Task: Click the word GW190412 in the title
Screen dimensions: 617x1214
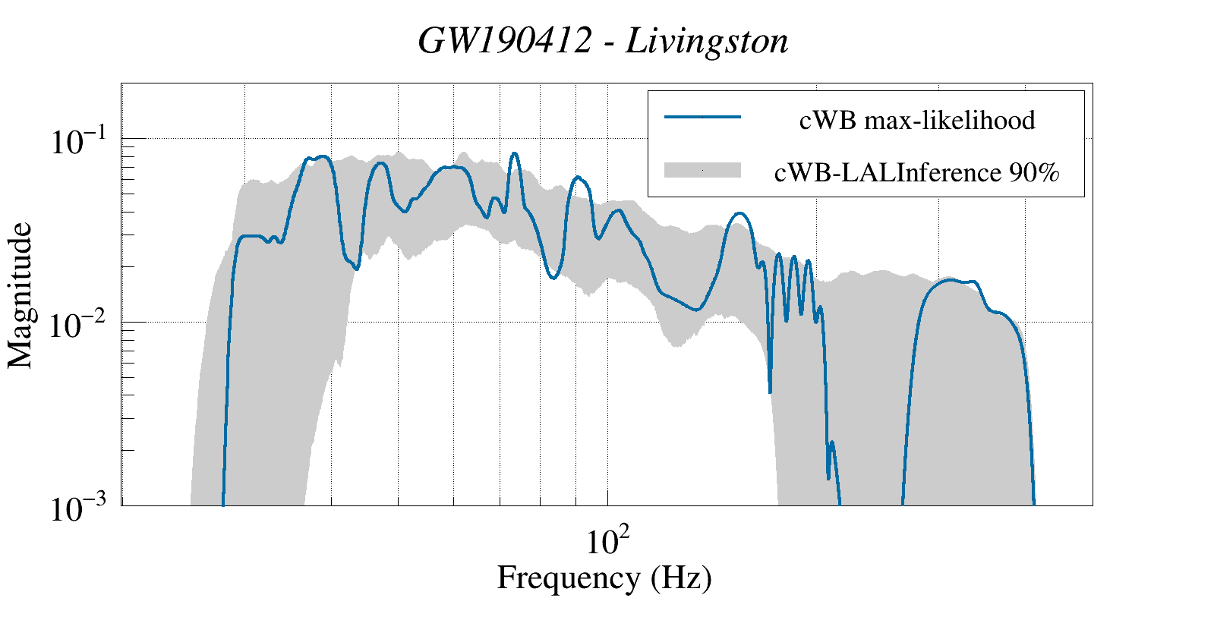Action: click(505, 41)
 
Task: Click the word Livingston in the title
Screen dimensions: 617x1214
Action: click(707, 41)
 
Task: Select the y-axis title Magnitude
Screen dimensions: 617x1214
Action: click(20, 296)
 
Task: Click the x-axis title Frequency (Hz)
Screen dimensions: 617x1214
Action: click(604, 578)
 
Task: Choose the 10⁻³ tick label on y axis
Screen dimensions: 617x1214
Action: click(82, 508)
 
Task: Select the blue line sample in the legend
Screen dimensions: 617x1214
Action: click(702, 117)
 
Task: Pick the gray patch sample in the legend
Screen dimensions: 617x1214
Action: click(702, 170)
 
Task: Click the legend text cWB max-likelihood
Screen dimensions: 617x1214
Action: click(917, 120)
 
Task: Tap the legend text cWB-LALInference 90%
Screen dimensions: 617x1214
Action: click(917, 173)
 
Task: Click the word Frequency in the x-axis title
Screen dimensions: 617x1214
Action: click(569, 578)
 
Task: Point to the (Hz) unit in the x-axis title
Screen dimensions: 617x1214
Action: click(681, 578)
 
